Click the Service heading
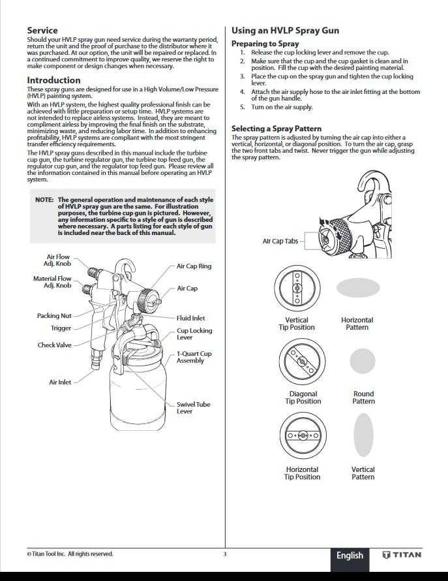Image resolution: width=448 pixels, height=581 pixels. coord(42,30)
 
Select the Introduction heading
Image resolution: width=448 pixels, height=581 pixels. coord(53,80)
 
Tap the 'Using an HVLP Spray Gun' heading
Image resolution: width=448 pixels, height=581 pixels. coord(285,31)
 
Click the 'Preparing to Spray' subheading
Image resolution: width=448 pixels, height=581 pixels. coord(265,44)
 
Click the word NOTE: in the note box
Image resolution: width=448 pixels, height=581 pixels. coord(44,200)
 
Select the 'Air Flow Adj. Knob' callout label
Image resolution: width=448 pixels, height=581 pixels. coord(58,260)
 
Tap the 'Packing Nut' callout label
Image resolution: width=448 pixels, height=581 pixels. coord(54,316)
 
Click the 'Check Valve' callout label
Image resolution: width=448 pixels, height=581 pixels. coord(55,345)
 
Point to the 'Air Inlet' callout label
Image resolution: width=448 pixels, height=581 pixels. coord(61,382)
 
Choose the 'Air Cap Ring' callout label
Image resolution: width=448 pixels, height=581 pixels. coord(194,266)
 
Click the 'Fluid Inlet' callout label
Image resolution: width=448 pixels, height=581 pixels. coord(190,318)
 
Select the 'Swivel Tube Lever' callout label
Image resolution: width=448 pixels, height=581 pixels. coord(193,408)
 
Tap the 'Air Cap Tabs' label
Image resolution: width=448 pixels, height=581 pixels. coord(280,241)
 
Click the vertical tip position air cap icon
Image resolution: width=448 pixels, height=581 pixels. coord(297,288)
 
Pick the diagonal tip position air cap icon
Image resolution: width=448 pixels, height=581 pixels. coord(297,361)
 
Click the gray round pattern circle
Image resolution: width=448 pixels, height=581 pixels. coord(363,361)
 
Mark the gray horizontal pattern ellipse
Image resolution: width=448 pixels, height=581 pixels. coord(358,288)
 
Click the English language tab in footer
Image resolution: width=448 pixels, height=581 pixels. coord(350,556)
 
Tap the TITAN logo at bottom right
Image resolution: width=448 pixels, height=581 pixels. coord(402,556)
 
